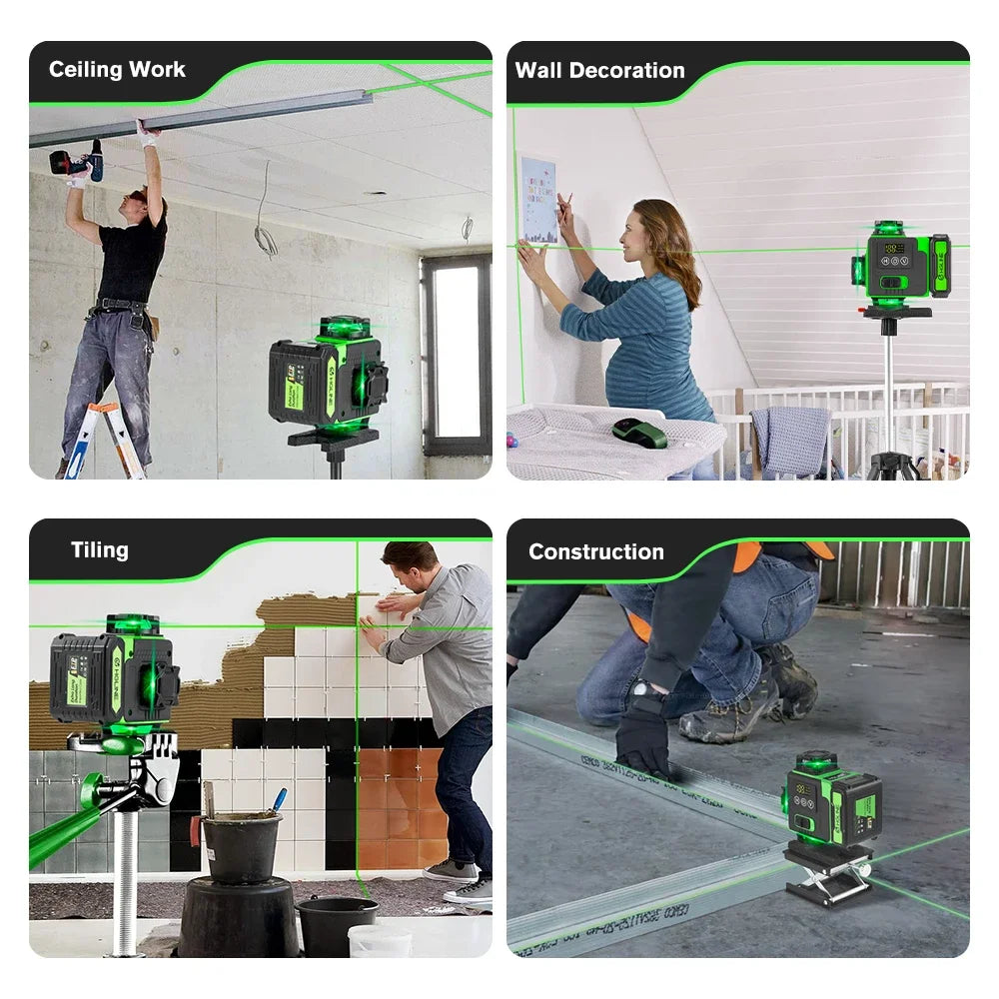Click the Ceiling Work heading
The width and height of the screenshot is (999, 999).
click(117, 70)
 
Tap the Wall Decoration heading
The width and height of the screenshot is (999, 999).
click(599, 71)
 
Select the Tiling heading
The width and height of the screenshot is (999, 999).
click(99, 550)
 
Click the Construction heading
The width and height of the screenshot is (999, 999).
click(595, 551)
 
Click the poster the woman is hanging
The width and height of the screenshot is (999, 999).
click(537, 200)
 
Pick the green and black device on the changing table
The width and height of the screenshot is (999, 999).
click(640, 432)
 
